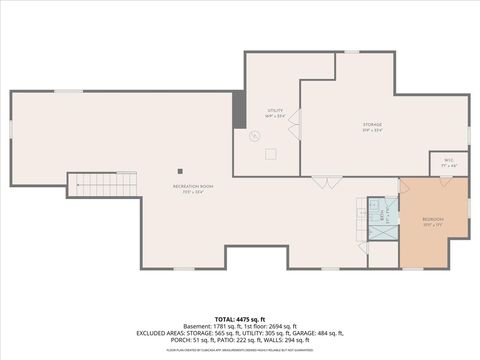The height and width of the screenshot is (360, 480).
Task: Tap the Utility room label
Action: click(274, 112)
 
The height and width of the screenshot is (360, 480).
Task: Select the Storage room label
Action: click(371, 127)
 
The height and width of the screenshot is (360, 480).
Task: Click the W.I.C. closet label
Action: click(448, 162)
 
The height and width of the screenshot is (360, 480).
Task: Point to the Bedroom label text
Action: click(433, 221)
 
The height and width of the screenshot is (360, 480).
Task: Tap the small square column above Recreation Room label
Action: click(180, 170)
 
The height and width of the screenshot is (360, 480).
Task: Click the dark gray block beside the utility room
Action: click(238, 110)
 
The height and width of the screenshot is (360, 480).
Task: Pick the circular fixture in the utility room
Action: click(268, 153)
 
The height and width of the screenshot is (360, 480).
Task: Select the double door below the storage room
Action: click(326, 182)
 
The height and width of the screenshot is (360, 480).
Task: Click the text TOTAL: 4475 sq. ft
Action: click(240, 317)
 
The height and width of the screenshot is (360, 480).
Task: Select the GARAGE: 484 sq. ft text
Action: click(320, 333)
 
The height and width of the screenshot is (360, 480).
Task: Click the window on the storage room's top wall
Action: click(352, 52)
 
